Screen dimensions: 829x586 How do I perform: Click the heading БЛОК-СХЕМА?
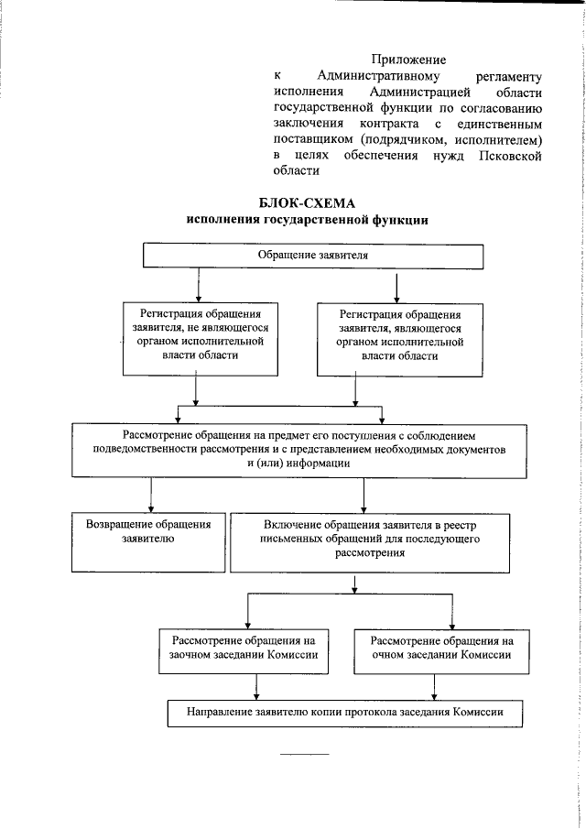click(x=307, y=203)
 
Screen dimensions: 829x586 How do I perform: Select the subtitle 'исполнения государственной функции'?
click(x=307, y=221)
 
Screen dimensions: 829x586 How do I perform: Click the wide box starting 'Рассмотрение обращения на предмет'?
click(x=306, y=449)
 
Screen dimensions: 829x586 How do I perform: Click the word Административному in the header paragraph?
click(x=380, y=75)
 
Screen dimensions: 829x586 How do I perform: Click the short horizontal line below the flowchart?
click(x=304, y=754)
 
